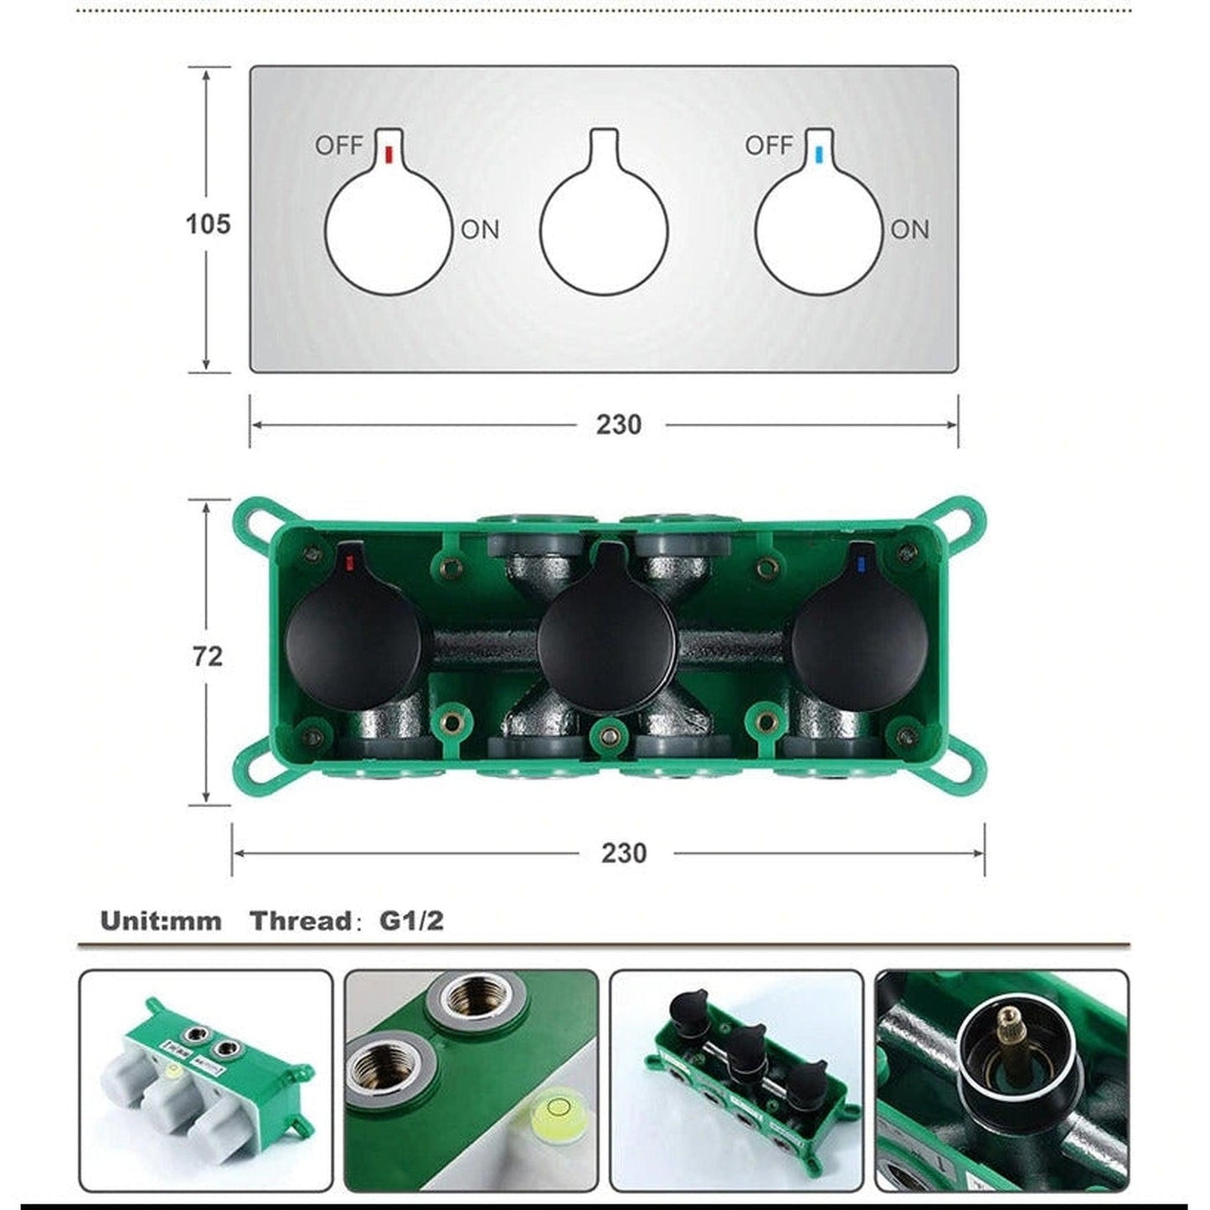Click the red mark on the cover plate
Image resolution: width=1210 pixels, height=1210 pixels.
(x=388, y=154)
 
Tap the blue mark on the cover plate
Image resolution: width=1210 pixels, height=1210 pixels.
(x=817, y=154)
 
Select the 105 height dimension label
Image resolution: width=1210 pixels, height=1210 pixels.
(x=209, y=224)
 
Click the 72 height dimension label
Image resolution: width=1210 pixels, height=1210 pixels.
(x=207, y=656)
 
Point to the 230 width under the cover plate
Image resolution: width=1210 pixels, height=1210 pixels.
(x=619, y=425)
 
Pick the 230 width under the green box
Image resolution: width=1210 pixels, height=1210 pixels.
(x=624, y=853)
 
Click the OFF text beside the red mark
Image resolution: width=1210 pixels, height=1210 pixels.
(x=339, y=146)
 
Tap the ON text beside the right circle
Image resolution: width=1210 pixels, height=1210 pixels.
(x=910, y=229)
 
